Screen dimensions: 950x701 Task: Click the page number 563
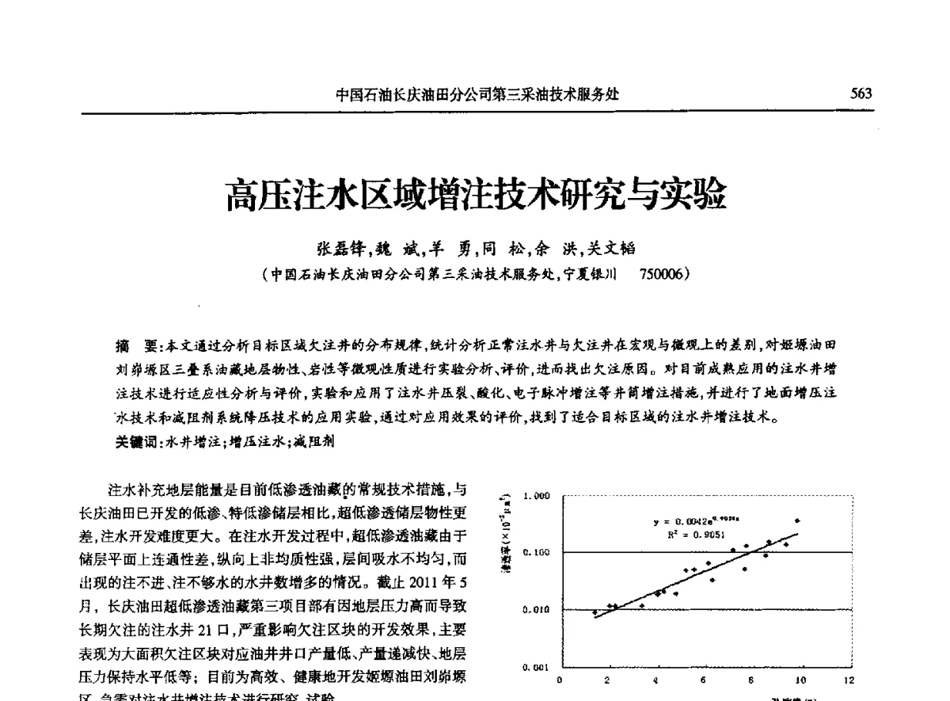[x=861, y=94]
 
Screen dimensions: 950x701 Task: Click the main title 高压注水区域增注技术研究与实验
[x=475, y=195]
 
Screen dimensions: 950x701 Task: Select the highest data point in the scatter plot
[x=797, y=520]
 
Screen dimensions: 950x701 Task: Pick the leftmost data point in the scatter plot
[x=595, y=611]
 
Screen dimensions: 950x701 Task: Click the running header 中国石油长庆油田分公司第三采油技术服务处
[x=477, y=94]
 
